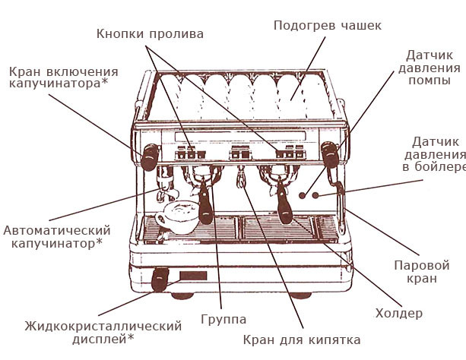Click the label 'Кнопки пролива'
tap(151, 34)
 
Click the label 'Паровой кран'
tap(421, 272)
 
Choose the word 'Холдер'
tap(399, 313)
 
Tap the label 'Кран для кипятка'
tap(302, 339)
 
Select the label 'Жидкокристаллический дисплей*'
tap(103, 333)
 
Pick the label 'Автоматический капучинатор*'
tap(57, 237)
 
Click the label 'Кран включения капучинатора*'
tap(58, 77)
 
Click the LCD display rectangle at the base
tap(191, 277)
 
